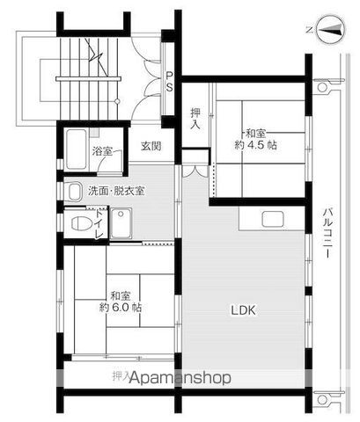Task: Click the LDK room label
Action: coord(245,309)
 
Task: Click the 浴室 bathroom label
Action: coord(102,151)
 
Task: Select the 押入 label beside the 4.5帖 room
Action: coord(196,118)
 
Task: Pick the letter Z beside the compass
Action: coord(307,30)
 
